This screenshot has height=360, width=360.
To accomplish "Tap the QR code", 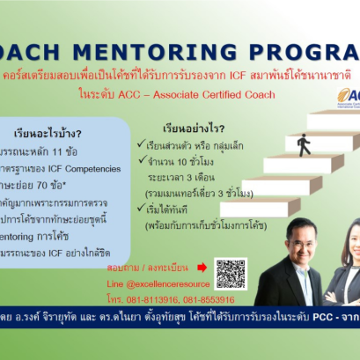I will coord(231,273).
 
